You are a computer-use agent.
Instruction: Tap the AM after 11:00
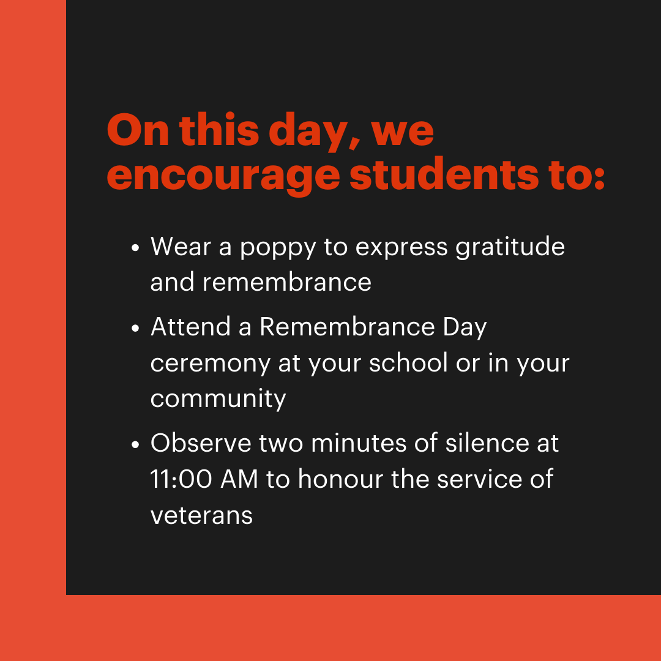[239, 479]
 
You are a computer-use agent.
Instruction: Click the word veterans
[201, 515]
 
